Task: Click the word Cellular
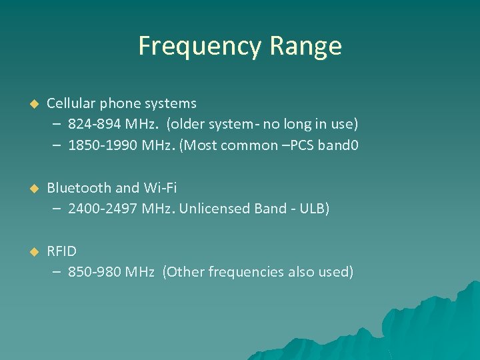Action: (x=71, y=103)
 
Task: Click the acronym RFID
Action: (x=61, y=251)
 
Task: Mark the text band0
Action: (x=340, y=145)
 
